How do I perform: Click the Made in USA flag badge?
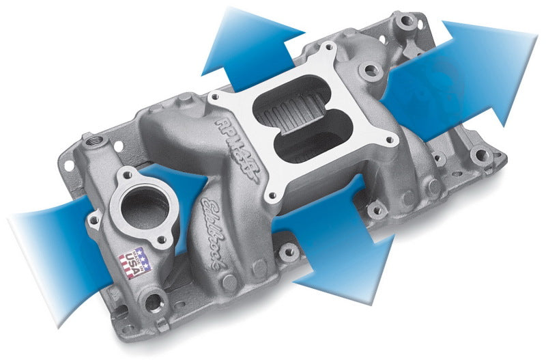[x=136, y=260]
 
